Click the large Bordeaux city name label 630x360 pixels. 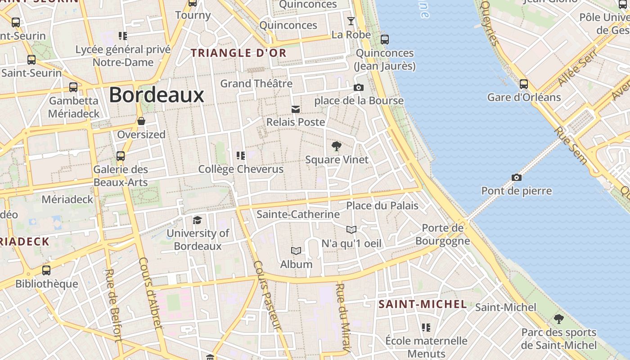157,95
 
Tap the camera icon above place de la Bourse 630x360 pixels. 359,87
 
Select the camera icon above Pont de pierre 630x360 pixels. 517,177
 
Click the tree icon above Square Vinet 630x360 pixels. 336,146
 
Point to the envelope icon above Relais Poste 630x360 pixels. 296,109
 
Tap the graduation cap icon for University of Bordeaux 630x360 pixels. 197,220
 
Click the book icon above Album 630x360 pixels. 296,251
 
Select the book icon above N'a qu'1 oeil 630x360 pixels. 351,230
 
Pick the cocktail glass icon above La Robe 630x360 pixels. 351,21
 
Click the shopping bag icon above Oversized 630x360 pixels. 141,121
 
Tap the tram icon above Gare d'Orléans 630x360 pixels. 524,84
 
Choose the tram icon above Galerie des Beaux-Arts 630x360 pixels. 121,156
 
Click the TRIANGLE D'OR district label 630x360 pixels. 238,53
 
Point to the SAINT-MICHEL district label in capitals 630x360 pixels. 423,304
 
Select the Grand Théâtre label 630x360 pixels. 256,83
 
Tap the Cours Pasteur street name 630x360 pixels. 267,295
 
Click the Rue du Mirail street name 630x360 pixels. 343,317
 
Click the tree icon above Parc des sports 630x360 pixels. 558,319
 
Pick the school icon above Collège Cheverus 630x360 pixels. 241,156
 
